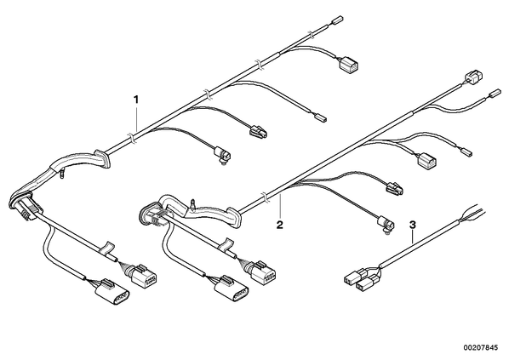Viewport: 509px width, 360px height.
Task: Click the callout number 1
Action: tap(136, 100)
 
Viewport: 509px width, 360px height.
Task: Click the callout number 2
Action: tap(279, 225)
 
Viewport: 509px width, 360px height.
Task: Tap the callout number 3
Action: tap(412, 225)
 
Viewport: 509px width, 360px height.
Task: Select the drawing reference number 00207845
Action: tap(480, 348)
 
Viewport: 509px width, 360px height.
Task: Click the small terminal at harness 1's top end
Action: tap(337, 20)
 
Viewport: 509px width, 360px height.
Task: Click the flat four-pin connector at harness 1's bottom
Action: tap(112, 291)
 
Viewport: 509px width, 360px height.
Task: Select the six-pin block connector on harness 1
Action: tap(143, 277)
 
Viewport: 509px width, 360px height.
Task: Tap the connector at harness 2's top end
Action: tap(473, 76)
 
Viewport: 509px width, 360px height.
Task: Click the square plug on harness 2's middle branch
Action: tap(426, 161)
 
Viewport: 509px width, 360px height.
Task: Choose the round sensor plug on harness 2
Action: tap(386, 225)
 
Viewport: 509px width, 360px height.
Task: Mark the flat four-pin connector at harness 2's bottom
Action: tap(232, 289)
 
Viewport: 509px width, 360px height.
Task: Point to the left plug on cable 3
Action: tap(352, 278)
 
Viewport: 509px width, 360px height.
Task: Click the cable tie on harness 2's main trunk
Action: tap(266, 197)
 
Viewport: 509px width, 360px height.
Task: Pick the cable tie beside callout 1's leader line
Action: tap(130, 137)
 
